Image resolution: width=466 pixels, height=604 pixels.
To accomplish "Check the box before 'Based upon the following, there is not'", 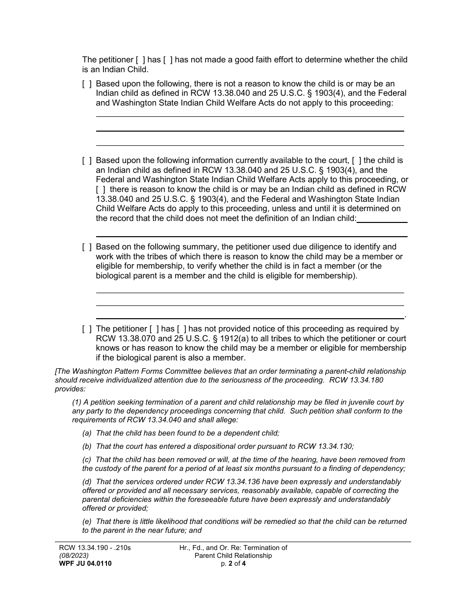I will click(87, 84).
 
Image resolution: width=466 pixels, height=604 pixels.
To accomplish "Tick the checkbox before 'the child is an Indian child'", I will click(357, 161).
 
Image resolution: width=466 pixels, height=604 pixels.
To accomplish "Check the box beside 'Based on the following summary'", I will click(87, 247).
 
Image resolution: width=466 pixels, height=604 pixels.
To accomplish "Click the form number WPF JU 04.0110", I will click(85, 564).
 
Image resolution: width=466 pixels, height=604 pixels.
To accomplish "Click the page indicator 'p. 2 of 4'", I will click(233, 564).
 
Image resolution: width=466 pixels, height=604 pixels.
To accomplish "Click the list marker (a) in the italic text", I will click(87, 433).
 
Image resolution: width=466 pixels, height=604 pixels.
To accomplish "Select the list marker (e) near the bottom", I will click(87, 522).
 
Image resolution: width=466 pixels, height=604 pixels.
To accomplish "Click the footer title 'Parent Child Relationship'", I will click(233, 556).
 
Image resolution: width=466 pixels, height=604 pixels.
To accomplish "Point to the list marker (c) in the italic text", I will click(87, 460).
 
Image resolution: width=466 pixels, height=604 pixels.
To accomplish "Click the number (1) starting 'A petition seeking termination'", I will click(78, 402).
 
